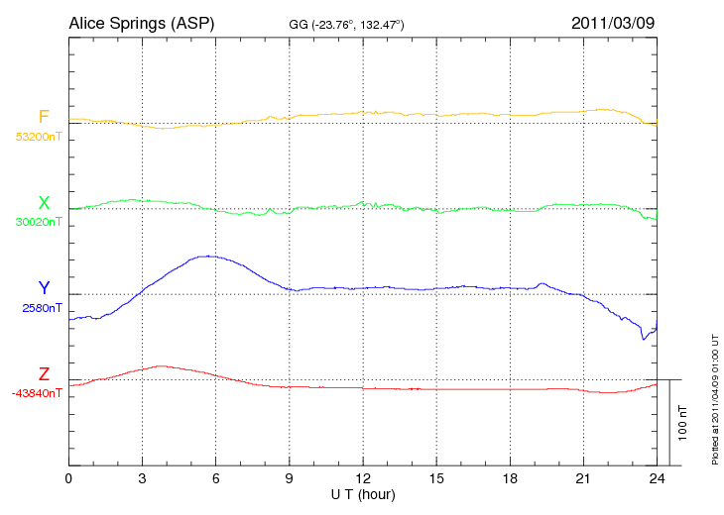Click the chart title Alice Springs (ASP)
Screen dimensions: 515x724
141,23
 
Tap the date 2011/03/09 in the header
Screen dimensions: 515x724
612,23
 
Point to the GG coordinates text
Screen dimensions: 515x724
346,24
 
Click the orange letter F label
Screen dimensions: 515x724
43,117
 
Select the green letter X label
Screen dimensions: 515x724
43,202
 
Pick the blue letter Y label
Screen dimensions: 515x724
43,288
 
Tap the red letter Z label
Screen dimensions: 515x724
43,373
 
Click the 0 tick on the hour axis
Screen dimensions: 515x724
68,479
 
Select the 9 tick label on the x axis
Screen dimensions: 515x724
290,479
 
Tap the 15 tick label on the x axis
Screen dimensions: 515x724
436,479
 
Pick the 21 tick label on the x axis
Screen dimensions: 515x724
583,479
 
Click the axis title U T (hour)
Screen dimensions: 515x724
363,493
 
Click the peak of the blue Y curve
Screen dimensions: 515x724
207,256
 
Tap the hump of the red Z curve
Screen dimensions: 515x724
160,366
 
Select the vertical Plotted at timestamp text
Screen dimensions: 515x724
714,397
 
